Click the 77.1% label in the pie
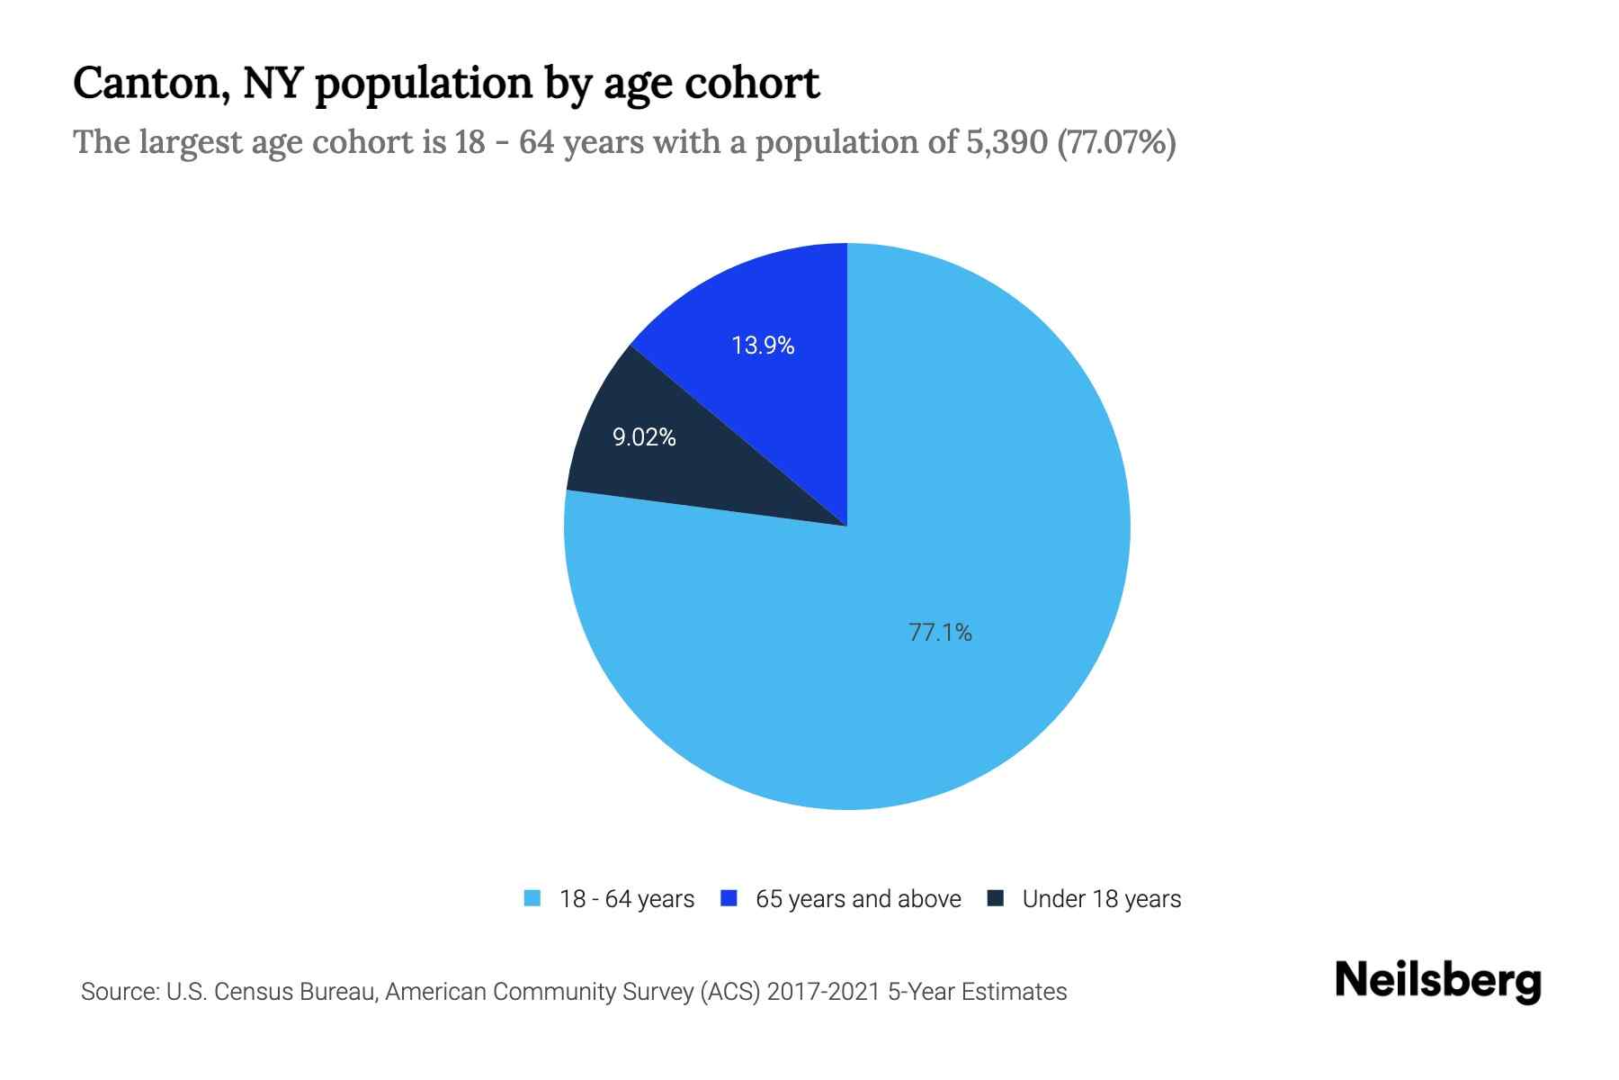(x=940, y=633)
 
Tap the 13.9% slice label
(x=763, y=346)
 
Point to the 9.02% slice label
(x=644, y=437)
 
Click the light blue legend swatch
(x=532, y=898)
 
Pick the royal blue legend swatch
(x=729, y=898)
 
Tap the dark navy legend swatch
(x=996, y=898)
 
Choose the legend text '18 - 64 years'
(x=627, y=899)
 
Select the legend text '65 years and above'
(x=858, y=899)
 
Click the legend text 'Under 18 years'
(x=1102, y=899)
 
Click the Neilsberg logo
(x=1438, y=981)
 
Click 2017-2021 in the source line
(x=823, y=992)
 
